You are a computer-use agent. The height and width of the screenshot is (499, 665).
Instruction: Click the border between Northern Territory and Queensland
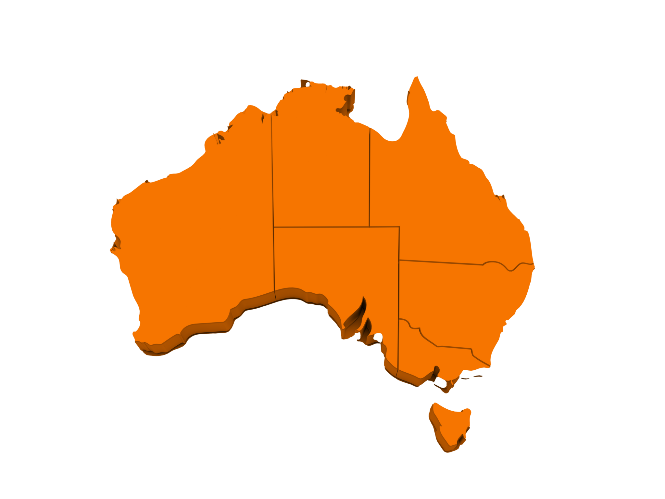pyautogui.click(x=370, y=179)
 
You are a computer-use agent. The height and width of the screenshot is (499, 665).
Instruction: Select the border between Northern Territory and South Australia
pyautogui.click(x=321, y=226)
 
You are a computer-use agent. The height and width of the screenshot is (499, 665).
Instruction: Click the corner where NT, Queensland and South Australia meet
pyautogui.click(x=370, y=226)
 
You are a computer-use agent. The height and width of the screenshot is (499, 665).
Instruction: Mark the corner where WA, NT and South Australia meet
pyautogui.click(x=273, y=226)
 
